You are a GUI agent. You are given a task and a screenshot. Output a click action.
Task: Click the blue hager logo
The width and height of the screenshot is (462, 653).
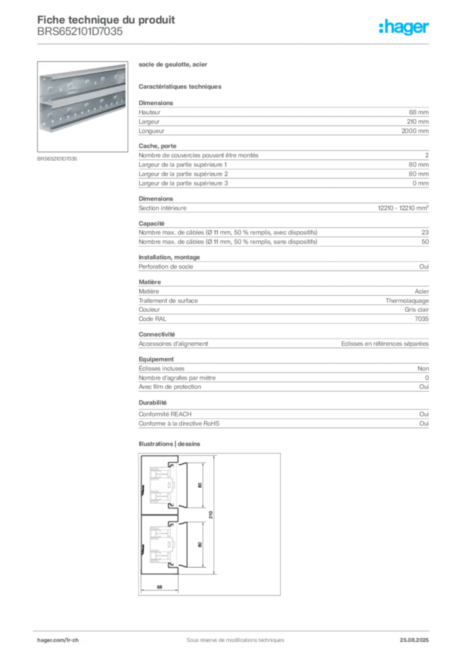tap(405, 28)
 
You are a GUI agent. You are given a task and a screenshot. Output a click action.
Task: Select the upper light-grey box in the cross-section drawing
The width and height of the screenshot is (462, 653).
tap(161, 484)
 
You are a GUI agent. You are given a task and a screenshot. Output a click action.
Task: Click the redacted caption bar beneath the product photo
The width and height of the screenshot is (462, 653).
tap(58, 158)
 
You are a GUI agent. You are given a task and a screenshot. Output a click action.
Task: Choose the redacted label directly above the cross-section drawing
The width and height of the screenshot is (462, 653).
tap(171, 443)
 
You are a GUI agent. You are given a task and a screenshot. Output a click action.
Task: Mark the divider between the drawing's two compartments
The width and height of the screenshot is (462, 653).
tap(163, 515)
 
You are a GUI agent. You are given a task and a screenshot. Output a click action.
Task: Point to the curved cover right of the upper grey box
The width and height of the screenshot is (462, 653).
tap(184, 485)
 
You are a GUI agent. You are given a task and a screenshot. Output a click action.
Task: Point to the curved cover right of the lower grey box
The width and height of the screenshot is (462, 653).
tap(184, 546)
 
